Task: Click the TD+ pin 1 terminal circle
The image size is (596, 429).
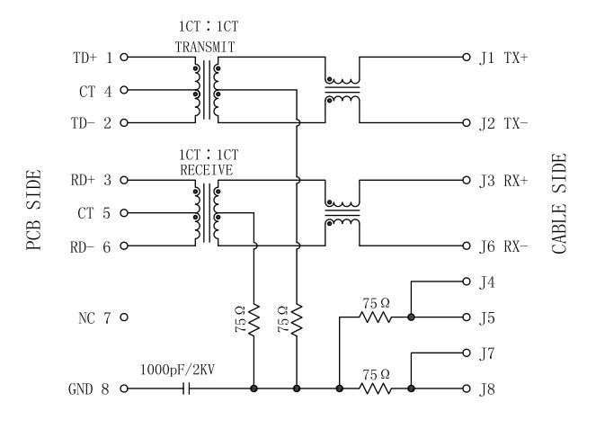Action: click(x=124, y=57)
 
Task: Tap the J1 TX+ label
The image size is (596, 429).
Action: click(x=503, y=58)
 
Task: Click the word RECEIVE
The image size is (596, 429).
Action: click(x=206, y=169)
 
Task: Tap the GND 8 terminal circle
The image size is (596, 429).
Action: click(x=124, y=389)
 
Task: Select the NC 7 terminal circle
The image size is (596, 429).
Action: click(x=124, y=317)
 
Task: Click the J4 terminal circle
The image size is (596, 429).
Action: click(x=466, y=282)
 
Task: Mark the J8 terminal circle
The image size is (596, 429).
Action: click(x=466, y=389)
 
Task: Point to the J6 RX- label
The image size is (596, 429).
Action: click(x=503, y=246)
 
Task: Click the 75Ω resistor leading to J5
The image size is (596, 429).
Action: click(x=376, y=317)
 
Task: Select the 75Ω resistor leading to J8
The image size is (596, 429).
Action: click(x=376, y=389)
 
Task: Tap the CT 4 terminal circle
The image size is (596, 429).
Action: click(x=124, y=90)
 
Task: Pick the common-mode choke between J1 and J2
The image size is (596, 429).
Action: click(x=342, y=89)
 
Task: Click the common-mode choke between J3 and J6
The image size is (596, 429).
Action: click(x=342, y=212)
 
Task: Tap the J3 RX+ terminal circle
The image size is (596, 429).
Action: click(x=466, y=181)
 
